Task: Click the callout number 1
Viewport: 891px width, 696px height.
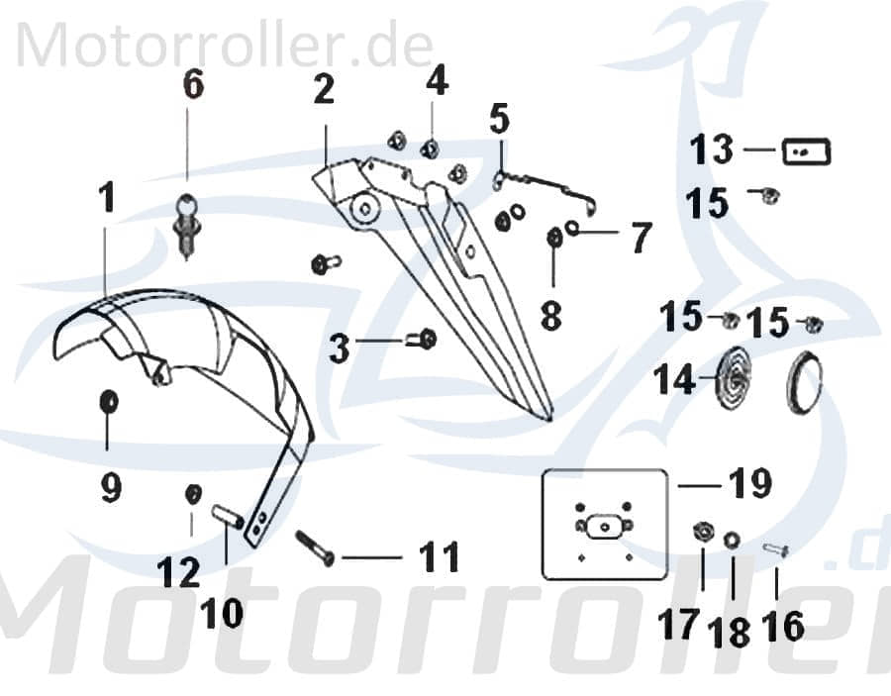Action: click(106, 199)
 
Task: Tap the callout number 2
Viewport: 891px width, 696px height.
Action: click(324, 90)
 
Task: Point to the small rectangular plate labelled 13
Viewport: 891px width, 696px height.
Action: click(806, 151)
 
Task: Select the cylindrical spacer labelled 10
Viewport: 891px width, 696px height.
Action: click(229, 517)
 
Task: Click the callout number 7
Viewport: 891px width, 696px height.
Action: click(642, 237)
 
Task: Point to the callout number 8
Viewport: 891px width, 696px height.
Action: click(551, 316)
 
